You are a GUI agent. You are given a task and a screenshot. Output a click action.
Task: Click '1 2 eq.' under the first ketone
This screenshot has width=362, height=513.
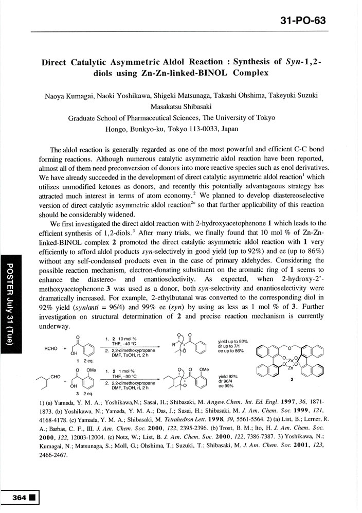point(76,366)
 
